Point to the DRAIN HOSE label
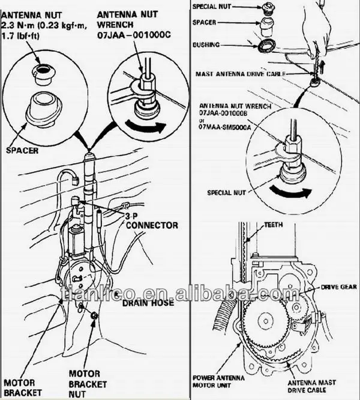[x=148, y=303]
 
